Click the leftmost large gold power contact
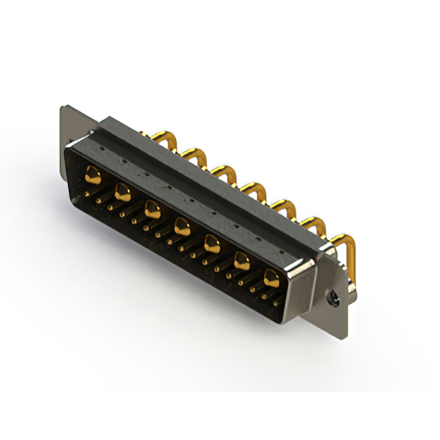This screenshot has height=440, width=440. pyautogui.click(x=92, y=175)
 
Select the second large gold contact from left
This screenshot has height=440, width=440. pyautogui.click(x=123, y=191)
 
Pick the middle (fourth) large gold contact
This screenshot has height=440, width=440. pyautogui.click(x=182, y=224)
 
